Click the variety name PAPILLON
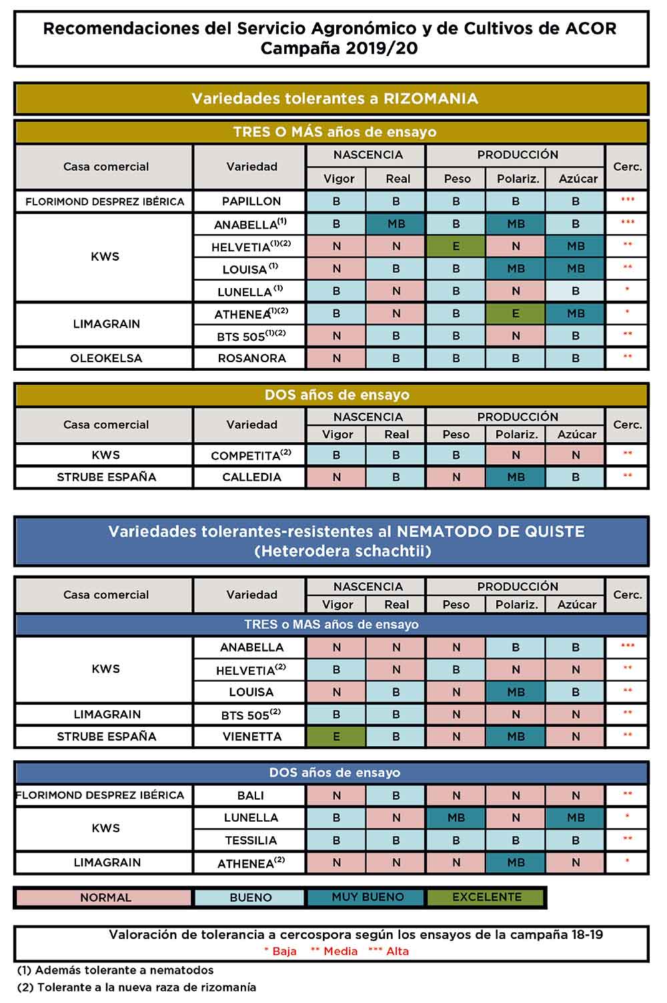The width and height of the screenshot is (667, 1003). (x=251, y=201)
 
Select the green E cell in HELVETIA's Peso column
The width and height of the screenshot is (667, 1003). (x=456, y=246)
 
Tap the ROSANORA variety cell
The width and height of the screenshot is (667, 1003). (x=251, y=358)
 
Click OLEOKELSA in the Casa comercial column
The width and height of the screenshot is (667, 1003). (x=106, y=358)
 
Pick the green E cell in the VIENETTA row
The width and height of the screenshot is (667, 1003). (x=336, y=737)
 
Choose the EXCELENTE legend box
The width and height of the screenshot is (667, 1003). (x=486, y=897)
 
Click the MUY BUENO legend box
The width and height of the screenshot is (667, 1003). (x=368, y=897)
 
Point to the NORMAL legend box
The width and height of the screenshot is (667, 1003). (x=105, y=898)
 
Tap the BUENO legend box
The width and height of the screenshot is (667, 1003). (x=250, y=898)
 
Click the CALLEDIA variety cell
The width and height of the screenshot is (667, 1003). (x=251, y=477)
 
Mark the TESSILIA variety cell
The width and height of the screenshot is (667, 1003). (x=251, y=840)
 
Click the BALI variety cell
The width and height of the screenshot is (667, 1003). (x=251, y=796)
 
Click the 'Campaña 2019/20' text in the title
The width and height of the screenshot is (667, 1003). (x=339, y=48)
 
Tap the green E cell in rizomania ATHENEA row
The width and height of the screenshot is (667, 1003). (x=516, y=313)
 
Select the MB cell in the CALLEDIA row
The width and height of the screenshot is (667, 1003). (x=516, y=477)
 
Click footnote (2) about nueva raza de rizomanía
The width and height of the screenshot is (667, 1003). (x=137, y=987)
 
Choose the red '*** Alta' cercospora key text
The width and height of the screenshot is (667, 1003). (x=388, y=951)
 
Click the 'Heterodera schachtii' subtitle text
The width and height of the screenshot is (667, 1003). (x=343, y=552)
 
